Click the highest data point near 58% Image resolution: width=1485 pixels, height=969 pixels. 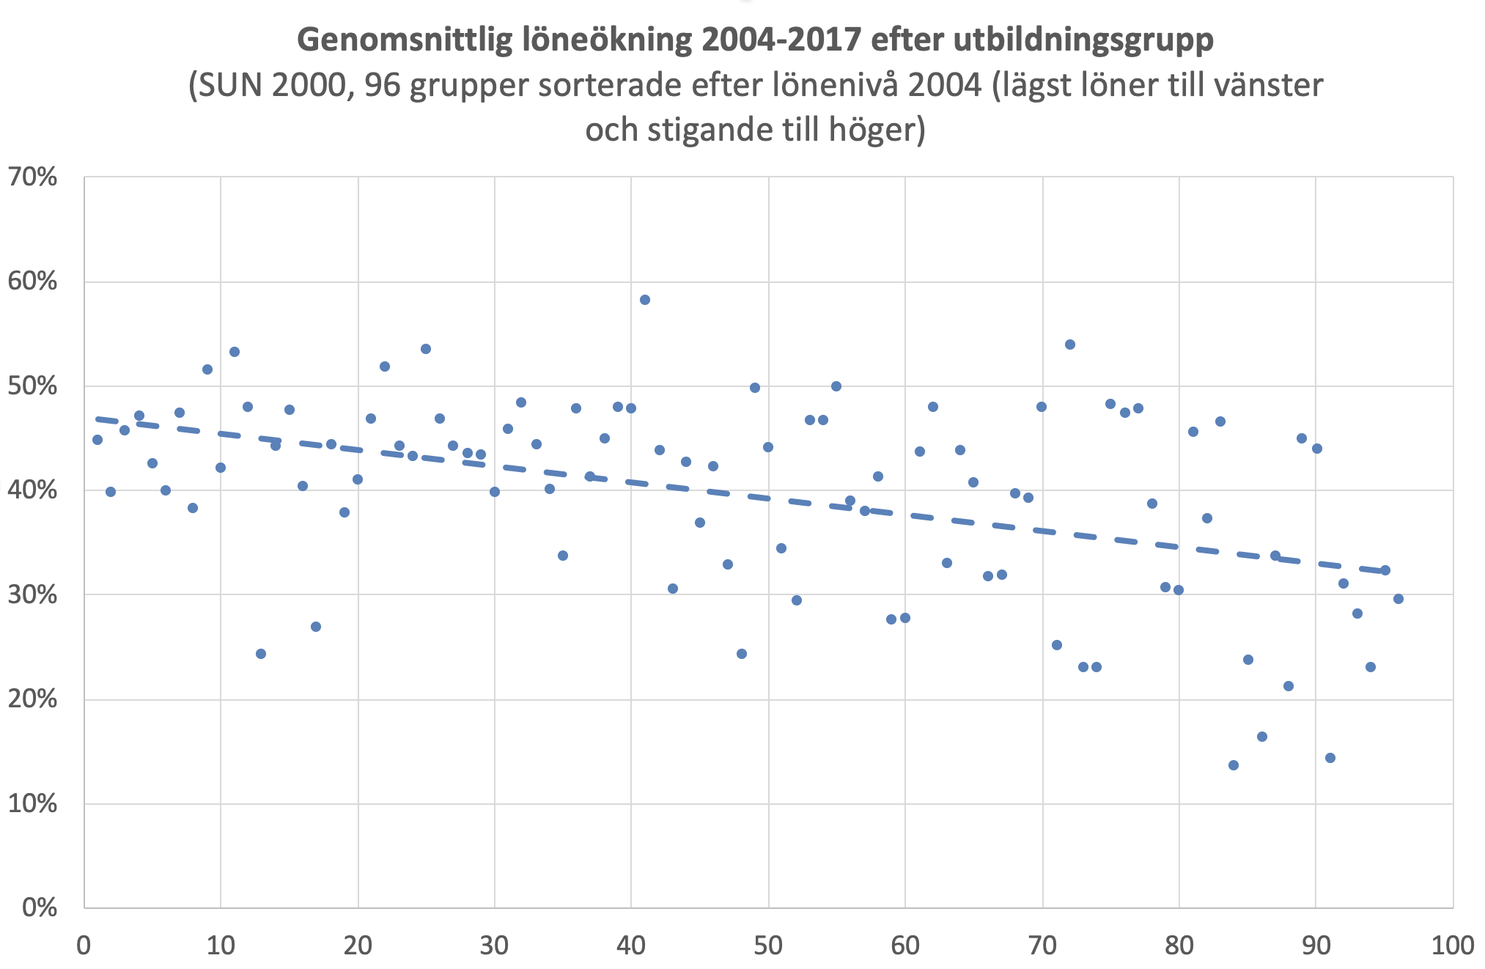(645, 300)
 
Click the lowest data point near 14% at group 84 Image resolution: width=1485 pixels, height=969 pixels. (1234, 765)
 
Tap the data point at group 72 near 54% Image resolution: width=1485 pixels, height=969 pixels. (1070, 345)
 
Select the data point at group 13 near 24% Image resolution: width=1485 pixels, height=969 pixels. (261, 654)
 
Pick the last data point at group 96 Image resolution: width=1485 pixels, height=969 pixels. (1399, 599)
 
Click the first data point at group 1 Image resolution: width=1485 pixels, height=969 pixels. (97, 440)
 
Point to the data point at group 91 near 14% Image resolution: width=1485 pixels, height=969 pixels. (1330, 758)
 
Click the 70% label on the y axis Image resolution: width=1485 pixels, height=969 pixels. (33, 177)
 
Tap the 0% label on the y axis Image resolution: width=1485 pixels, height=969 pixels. (40, 907)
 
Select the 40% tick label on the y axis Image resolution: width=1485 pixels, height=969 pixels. (33, 490)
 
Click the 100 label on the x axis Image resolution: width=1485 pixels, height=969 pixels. (1453, 946)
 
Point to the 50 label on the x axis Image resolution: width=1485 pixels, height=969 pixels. (768, 946)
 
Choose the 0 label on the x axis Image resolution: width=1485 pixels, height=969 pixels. (84, 946)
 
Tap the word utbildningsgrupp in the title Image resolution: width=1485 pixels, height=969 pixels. (1083, 40)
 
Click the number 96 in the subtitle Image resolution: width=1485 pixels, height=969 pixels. (383, 86)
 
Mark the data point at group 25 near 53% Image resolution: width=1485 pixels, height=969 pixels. (426, 349)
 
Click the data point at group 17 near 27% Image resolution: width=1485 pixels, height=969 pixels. (316, 627)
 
